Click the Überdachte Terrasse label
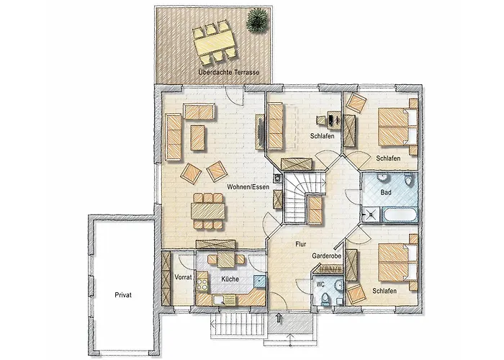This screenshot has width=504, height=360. [x=228, y=72]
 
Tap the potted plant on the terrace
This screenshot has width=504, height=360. [x=257, y=20]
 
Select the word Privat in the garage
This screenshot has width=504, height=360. [x=123, y=294]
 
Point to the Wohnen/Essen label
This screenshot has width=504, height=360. [x=248, y=186]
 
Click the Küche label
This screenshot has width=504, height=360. [x=230, y=279]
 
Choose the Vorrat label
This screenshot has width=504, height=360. [x=183, y=277]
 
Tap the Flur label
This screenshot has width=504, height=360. [x=300, y=244]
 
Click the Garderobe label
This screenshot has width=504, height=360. [x=326, y=256]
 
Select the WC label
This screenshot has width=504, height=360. [x=320, y=284]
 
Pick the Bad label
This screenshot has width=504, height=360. [x=386, y=192]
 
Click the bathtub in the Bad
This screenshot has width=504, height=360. [x=400, y=215]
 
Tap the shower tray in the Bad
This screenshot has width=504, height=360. [x=372, y=215]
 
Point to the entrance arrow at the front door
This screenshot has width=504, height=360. [x=279, y=318]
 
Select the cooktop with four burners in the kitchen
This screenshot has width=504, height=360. [x=202, y=284]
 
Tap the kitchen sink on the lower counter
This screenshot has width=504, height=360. [x=220, y=300]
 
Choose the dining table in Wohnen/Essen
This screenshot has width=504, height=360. [x=208, y=211]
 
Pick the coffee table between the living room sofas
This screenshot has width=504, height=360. [x=197, y=138]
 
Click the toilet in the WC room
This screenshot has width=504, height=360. [x=325, y=299]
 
